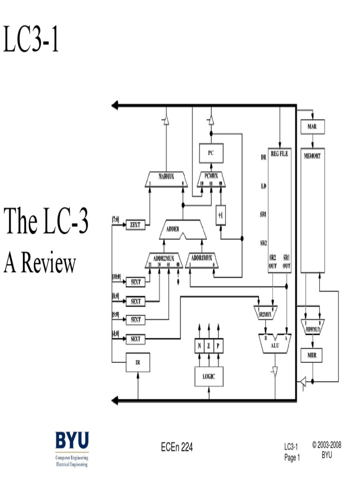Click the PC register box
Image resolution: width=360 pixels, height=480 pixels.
(x=211, y=152)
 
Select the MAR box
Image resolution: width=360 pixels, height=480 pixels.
(x=312, y=127)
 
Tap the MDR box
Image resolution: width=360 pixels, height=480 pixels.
(x=312, y=355)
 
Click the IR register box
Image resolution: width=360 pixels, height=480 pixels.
(x=138, y=362)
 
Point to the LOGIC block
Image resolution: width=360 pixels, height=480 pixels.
(x=209, y=376)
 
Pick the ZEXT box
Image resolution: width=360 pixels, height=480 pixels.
(x=135, y=225)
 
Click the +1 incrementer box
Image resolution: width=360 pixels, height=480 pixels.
(x=220, y=216)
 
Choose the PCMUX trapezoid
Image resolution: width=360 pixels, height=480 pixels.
(x=211, y=178)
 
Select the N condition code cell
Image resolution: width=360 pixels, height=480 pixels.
(x=200, y=346)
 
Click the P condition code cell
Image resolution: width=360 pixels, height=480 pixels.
(x=218, y=346)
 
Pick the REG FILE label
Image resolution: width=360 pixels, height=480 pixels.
(x=279, y=154)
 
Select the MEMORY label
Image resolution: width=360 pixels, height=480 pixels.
(x=312, y=156)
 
